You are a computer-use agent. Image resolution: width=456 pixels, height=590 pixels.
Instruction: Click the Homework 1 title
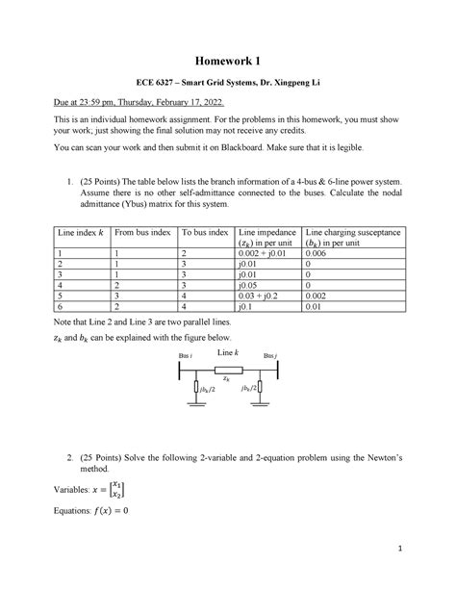(x=228, y=63)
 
